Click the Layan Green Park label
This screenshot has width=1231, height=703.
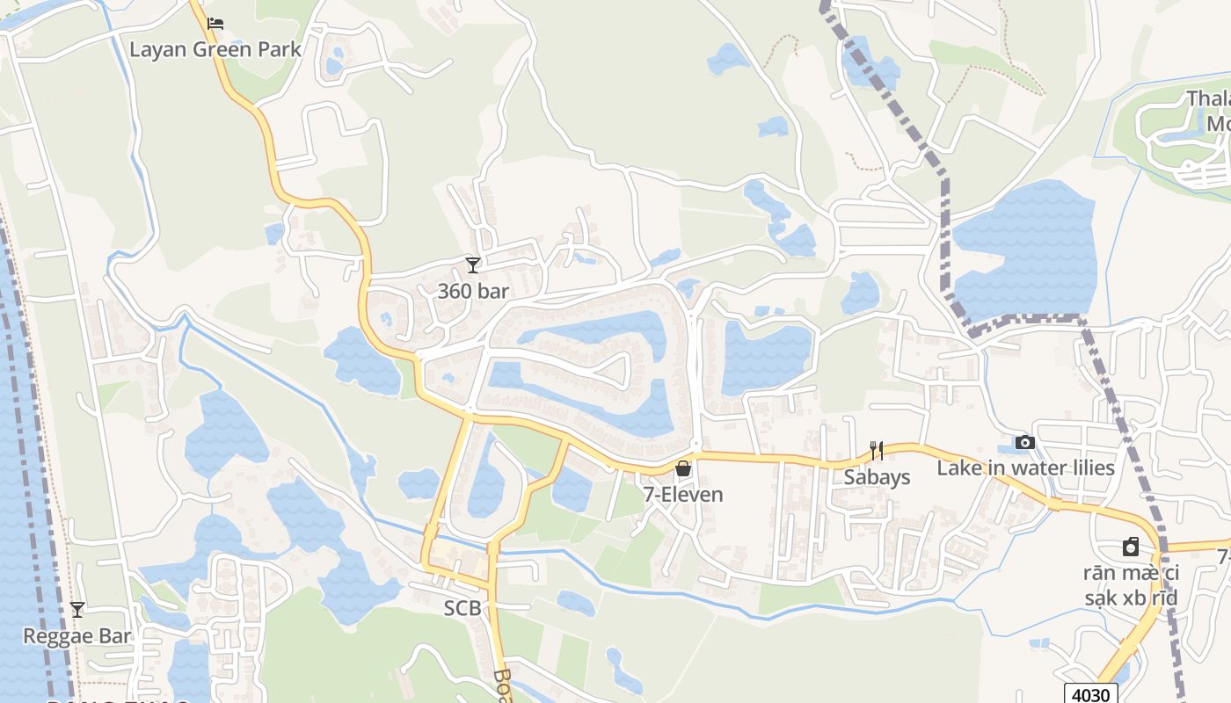coord(215,49)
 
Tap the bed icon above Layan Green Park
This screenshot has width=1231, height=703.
coord(215,24)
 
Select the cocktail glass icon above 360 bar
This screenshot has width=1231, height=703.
coord(473,265)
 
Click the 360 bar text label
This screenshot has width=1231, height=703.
coord(473,291)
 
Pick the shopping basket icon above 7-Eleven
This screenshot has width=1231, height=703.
coord(683,469)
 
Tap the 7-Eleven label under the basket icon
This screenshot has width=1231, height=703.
coord(683,495)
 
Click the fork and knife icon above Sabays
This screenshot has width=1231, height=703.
coord(876,451)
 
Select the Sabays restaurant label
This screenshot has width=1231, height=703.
coord(877,477)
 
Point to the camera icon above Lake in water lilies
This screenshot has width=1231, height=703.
coord(1024,443)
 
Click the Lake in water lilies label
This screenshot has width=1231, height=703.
coord(1025,468)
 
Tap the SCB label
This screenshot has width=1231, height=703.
coord(462,608)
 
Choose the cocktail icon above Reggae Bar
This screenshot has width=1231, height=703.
coord(77,609)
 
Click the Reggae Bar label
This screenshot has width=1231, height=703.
coord(77,636)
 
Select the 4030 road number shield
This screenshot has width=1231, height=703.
coord(1090,694)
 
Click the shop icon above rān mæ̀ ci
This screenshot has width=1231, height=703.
coord(1131,547)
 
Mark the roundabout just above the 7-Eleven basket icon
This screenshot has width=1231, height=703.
coord(696,445)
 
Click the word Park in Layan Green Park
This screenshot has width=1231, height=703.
coord(277,49)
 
